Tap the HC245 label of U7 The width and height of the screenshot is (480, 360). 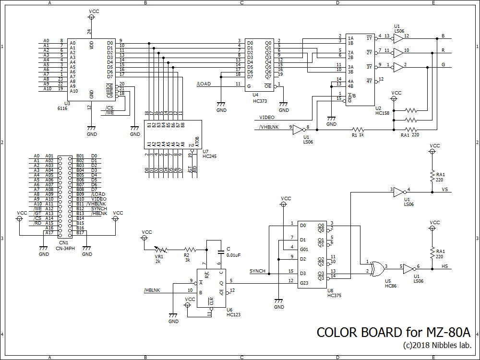tap(210, 156)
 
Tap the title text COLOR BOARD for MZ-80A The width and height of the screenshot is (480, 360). tap(393, 333)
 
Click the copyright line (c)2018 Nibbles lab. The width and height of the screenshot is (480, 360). tap(437, 345)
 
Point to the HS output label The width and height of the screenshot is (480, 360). tap(444, 266)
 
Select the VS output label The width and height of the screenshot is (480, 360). tap(444, 190)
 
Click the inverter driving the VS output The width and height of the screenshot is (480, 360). tap(399, 192)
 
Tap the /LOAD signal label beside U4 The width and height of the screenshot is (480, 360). tap(204, 84)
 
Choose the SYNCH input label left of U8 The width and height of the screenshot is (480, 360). tap(257, 271)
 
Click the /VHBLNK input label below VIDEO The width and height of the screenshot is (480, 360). tap(268, 127)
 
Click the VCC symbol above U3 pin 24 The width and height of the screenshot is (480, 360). tap(91, 17)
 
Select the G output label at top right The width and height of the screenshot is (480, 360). tap(443, 65)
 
